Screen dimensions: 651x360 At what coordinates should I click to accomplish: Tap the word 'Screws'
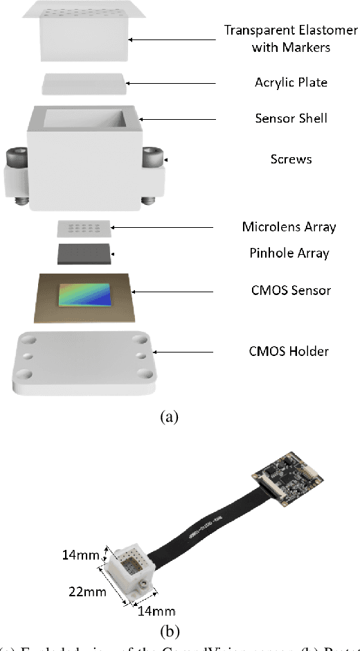click(291, 159)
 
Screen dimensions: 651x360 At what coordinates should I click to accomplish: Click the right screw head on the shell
click(153, 158)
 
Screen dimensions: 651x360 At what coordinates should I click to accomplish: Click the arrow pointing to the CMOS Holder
click(192, 351)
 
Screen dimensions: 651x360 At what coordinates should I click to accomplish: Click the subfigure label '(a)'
click(169, 417)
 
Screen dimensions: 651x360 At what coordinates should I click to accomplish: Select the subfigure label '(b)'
click(170, 631)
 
